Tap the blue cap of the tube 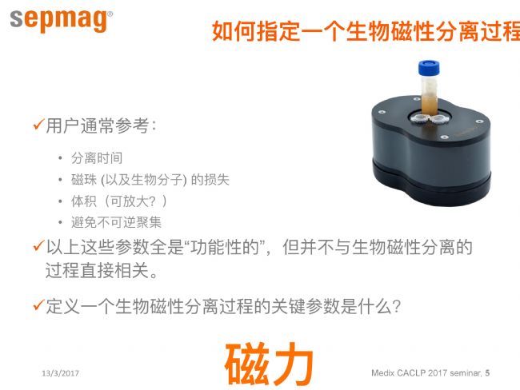429,68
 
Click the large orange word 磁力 270,364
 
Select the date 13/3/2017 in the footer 60,373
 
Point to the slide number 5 487,372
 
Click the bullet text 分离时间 97,158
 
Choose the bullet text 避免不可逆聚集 117,222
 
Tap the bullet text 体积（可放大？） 118,201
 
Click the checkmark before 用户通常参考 38,125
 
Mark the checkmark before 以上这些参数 38,246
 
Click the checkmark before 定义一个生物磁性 38,304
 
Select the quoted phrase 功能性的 225,247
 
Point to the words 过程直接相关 97,270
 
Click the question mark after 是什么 396,306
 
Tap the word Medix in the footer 382,372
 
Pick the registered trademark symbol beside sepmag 110,14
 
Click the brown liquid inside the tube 429,105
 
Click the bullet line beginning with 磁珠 150,180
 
